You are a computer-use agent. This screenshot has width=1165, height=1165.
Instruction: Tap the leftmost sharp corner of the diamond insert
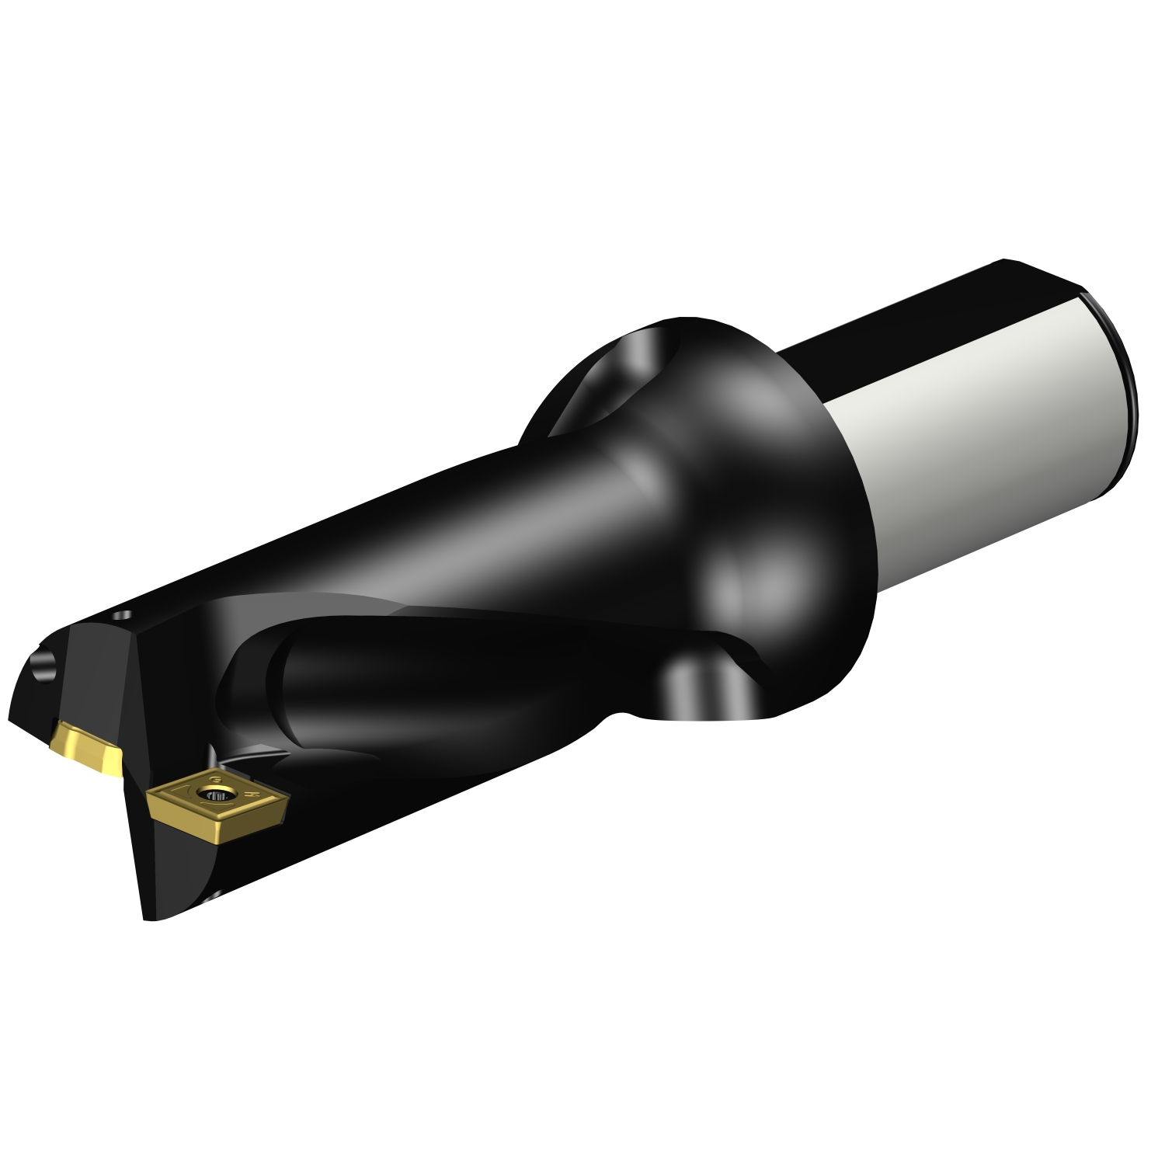(x=149, y=793)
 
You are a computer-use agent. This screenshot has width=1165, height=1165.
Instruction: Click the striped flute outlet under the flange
(x=699, y=683)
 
